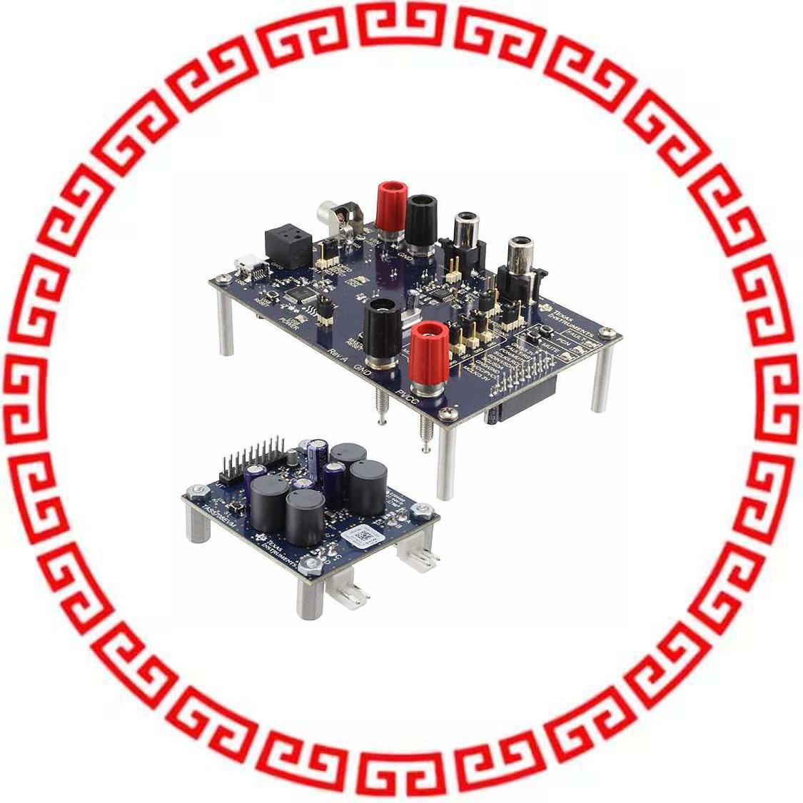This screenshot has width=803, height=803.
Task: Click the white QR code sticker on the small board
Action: (x=361, y=535)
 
